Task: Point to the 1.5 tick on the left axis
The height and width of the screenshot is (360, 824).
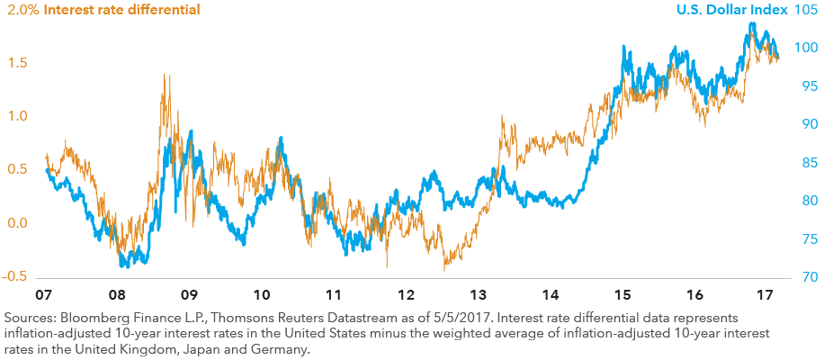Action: click(18, 63)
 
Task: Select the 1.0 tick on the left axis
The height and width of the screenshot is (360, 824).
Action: click(18, 116)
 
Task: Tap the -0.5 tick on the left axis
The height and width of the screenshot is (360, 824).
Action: click(14, 276)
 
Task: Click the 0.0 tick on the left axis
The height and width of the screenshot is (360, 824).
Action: click(18, 223)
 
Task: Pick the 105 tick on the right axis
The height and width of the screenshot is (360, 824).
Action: click(806, 10)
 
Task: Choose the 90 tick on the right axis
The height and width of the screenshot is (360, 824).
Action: click(807, 124)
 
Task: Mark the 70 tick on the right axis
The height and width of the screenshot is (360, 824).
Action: click(807, 276)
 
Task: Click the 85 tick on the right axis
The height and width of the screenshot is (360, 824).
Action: click(807, 163)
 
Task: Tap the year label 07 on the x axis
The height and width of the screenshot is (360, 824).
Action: click(43, 295)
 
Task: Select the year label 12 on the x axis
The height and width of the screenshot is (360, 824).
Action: click(407, 295)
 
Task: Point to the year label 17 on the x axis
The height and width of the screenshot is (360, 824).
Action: click(766, 295)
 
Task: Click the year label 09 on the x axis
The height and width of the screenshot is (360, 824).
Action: click(188, 295)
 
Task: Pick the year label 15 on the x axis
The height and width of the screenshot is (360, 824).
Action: click(622, 295)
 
